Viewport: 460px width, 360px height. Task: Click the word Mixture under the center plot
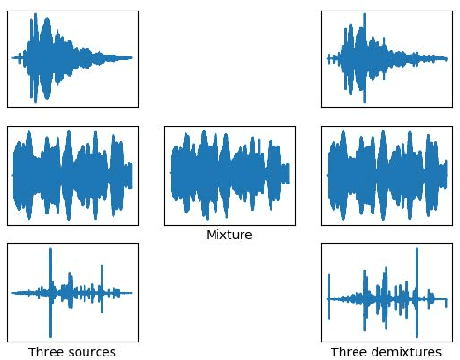click(x=229, y=235)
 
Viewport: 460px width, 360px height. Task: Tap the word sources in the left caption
click(x=92, y=351)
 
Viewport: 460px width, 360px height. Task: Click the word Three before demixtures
click(x=348, y=351)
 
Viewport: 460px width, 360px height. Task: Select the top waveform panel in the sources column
click(x=73, y=58)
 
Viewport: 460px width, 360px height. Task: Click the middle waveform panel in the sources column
click(x=73, y=176)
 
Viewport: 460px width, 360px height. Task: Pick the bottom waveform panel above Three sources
click(x=73, y=291)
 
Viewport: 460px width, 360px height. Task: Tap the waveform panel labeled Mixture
click(x=229, y=176)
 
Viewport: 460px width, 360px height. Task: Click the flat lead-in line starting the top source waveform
click(x=17, y=58)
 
